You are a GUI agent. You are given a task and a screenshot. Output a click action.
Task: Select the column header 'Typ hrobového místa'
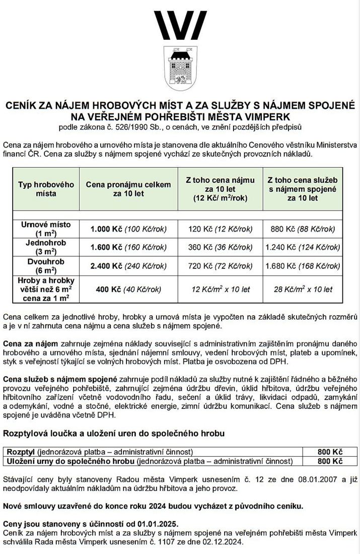(x=46, y=189)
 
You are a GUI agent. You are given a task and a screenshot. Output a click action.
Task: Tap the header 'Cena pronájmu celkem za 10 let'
(x=128, y=189)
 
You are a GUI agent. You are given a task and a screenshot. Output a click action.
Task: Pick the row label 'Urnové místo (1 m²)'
(x=46, y=229)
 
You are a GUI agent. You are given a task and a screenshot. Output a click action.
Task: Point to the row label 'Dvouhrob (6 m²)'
(x=46, y=265)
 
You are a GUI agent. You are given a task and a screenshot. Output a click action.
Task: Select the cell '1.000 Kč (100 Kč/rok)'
(x=128, y=229)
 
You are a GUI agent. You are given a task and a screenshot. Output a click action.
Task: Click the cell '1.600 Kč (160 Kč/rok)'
(x=128, y=247)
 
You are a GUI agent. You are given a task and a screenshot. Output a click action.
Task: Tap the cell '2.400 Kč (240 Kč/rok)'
(x=128, y=265)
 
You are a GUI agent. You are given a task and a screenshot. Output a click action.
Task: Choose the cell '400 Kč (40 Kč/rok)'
(x=128, y=289)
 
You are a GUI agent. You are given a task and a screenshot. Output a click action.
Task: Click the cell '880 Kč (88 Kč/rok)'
(x=303, y=229)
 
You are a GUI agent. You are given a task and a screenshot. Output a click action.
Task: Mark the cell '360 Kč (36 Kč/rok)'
(x=221, y=247)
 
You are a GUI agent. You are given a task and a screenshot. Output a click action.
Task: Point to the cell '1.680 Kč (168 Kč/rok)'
(x=303, y=265)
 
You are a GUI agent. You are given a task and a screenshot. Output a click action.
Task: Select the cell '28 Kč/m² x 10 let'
(x=303, y=289)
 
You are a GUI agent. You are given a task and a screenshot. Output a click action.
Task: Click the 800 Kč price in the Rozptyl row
(x=330, y=452)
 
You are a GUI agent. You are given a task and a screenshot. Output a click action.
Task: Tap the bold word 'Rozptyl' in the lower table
(x=19, y=452)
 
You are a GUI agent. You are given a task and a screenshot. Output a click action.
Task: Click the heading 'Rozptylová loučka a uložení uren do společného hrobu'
(x=114, y=433)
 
